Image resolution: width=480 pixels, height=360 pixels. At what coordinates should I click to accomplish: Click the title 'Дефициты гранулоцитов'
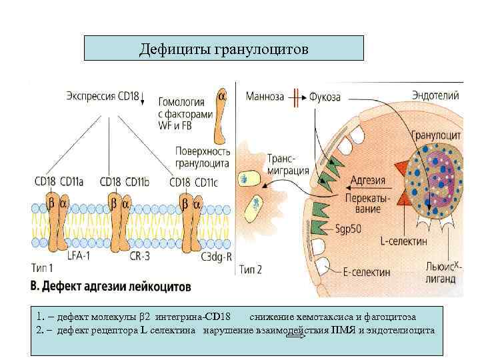[224, 49]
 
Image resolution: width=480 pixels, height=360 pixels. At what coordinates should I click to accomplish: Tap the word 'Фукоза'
[325, 97]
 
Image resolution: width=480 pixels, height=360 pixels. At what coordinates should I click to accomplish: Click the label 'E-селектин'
[366, 271]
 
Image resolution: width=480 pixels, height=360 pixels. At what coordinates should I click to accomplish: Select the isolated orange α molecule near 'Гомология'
[221, 120]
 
